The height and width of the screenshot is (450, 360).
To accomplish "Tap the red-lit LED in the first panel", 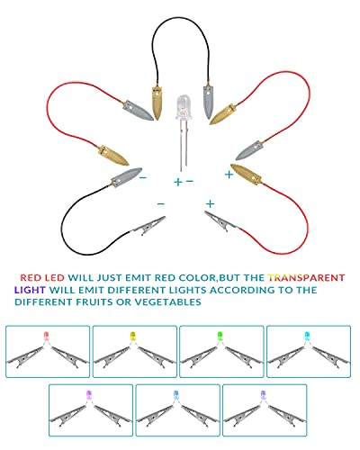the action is pyautogui.click(x=46, y=336).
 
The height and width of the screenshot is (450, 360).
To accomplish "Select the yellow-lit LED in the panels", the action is pyautogui.click(x=133, y=336).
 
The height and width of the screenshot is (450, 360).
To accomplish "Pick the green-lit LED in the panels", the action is pyautogui.click(x=220, y=336).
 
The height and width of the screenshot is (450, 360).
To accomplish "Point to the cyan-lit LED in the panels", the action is pyautogui.click(x=307, y=336).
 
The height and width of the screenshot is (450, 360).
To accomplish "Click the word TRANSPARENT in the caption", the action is pyautogui.click(x=306, y=277).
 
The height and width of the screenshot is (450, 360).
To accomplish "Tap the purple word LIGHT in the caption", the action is pyautogui.click(x=30, y=290).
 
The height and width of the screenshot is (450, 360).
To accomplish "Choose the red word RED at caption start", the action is pyautogui.click(x=31, y=277).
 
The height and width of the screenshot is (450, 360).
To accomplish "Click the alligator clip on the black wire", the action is pyautogui.click(x=148, y=225).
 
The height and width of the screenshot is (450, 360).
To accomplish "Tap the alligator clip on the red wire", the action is pyautogui.click(x=222, y=221).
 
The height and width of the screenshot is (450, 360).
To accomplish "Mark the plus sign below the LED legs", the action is pyautogui.click(x=178, y=182).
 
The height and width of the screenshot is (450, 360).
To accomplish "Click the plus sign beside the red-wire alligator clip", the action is pyautogui.click(x=211, y=204).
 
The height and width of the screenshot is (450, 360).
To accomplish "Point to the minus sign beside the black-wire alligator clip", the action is pyautogui.click(x=161, y=204).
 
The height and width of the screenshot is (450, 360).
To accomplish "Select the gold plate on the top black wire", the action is pyautogui.click(x=157, y=102).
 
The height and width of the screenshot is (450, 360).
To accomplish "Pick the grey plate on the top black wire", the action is pyautogui.click(x=209, y=101).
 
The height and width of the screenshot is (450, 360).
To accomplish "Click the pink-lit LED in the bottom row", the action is pyautogui.click(x=89, y=394).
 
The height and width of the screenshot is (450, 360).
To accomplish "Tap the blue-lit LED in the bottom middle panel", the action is pyautogui.click(x=176, y=394).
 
